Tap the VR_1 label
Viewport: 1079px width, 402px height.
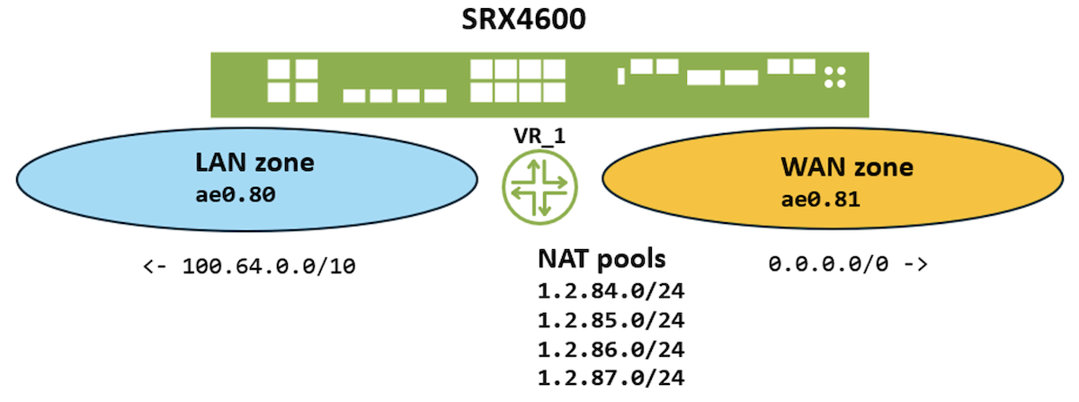point(539,137)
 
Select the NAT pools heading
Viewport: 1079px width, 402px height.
point(602,260)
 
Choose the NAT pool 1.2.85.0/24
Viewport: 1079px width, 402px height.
point(602,319)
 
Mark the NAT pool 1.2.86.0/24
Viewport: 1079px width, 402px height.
point(602,348)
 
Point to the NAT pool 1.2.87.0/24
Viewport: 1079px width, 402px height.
point(602,377)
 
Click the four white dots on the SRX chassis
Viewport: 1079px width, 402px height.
point(836,77)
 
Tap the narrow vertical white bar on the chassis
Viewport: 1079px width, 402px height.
point(620,76)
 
